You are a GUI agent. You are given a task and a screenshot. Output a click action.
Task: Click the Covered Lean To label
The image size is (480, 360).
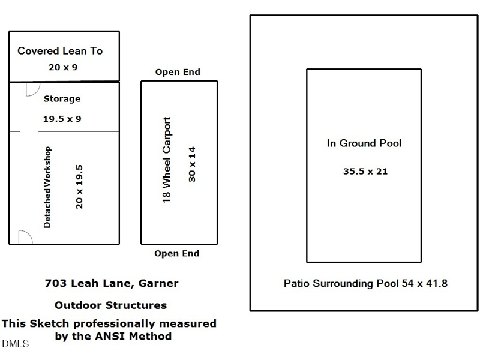click(x=60, y=51)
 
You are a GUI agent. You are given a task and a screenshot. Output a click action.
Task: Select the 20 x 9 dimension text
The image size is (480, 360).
click(x=63, y=67)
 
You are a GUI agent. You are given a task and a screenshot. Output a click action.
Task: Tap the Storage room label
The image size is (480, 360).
click(x=62, y=99)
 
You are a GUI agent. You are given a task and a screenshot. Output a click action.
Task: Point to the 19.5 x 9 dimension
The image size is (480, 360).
click(x=62, y=119)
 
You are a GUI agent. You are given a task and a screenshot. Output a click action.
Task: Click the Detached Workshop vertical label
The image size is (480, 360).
click(x=48, y=187)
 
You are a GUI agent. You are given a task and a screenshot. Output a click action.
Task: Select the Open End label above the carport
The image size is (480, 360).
click(x=178, y=73)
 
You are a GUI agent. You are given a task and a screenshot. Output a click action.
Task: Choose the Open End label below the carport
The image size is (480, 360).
click(x=176, y=254)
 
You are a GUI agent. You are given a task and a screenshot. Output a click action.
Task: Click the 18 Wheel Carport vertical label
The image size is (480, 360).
click(x=167, y=161)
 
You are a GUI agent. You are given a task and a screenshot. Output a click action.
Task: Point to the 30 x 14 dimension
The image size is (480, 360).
click(x=192, y=163)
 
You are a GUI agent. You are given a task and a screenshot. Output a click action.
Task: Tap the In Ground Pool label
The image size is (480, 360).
click(x=364, y=143)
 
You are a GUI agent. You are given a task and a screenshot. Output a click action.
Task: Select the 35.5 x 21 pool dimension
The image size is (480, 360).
click(x=365, y=172)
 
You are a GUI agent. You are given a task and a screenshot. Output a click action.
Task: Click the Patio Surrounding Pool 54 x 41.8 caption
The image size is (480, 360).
click(x=365, y=283)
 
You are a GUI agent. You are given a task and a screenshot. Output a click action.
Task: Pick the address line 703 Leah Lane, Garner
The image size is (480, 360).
click(x=112, y=283)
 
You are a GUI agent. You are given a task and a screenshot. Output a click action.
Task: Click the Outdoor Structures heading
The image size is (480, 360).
click(x=110, y=305)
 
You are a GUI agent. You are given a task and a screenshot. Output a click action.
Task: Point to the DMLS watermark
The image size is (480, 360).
click(x=15, y=344)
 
